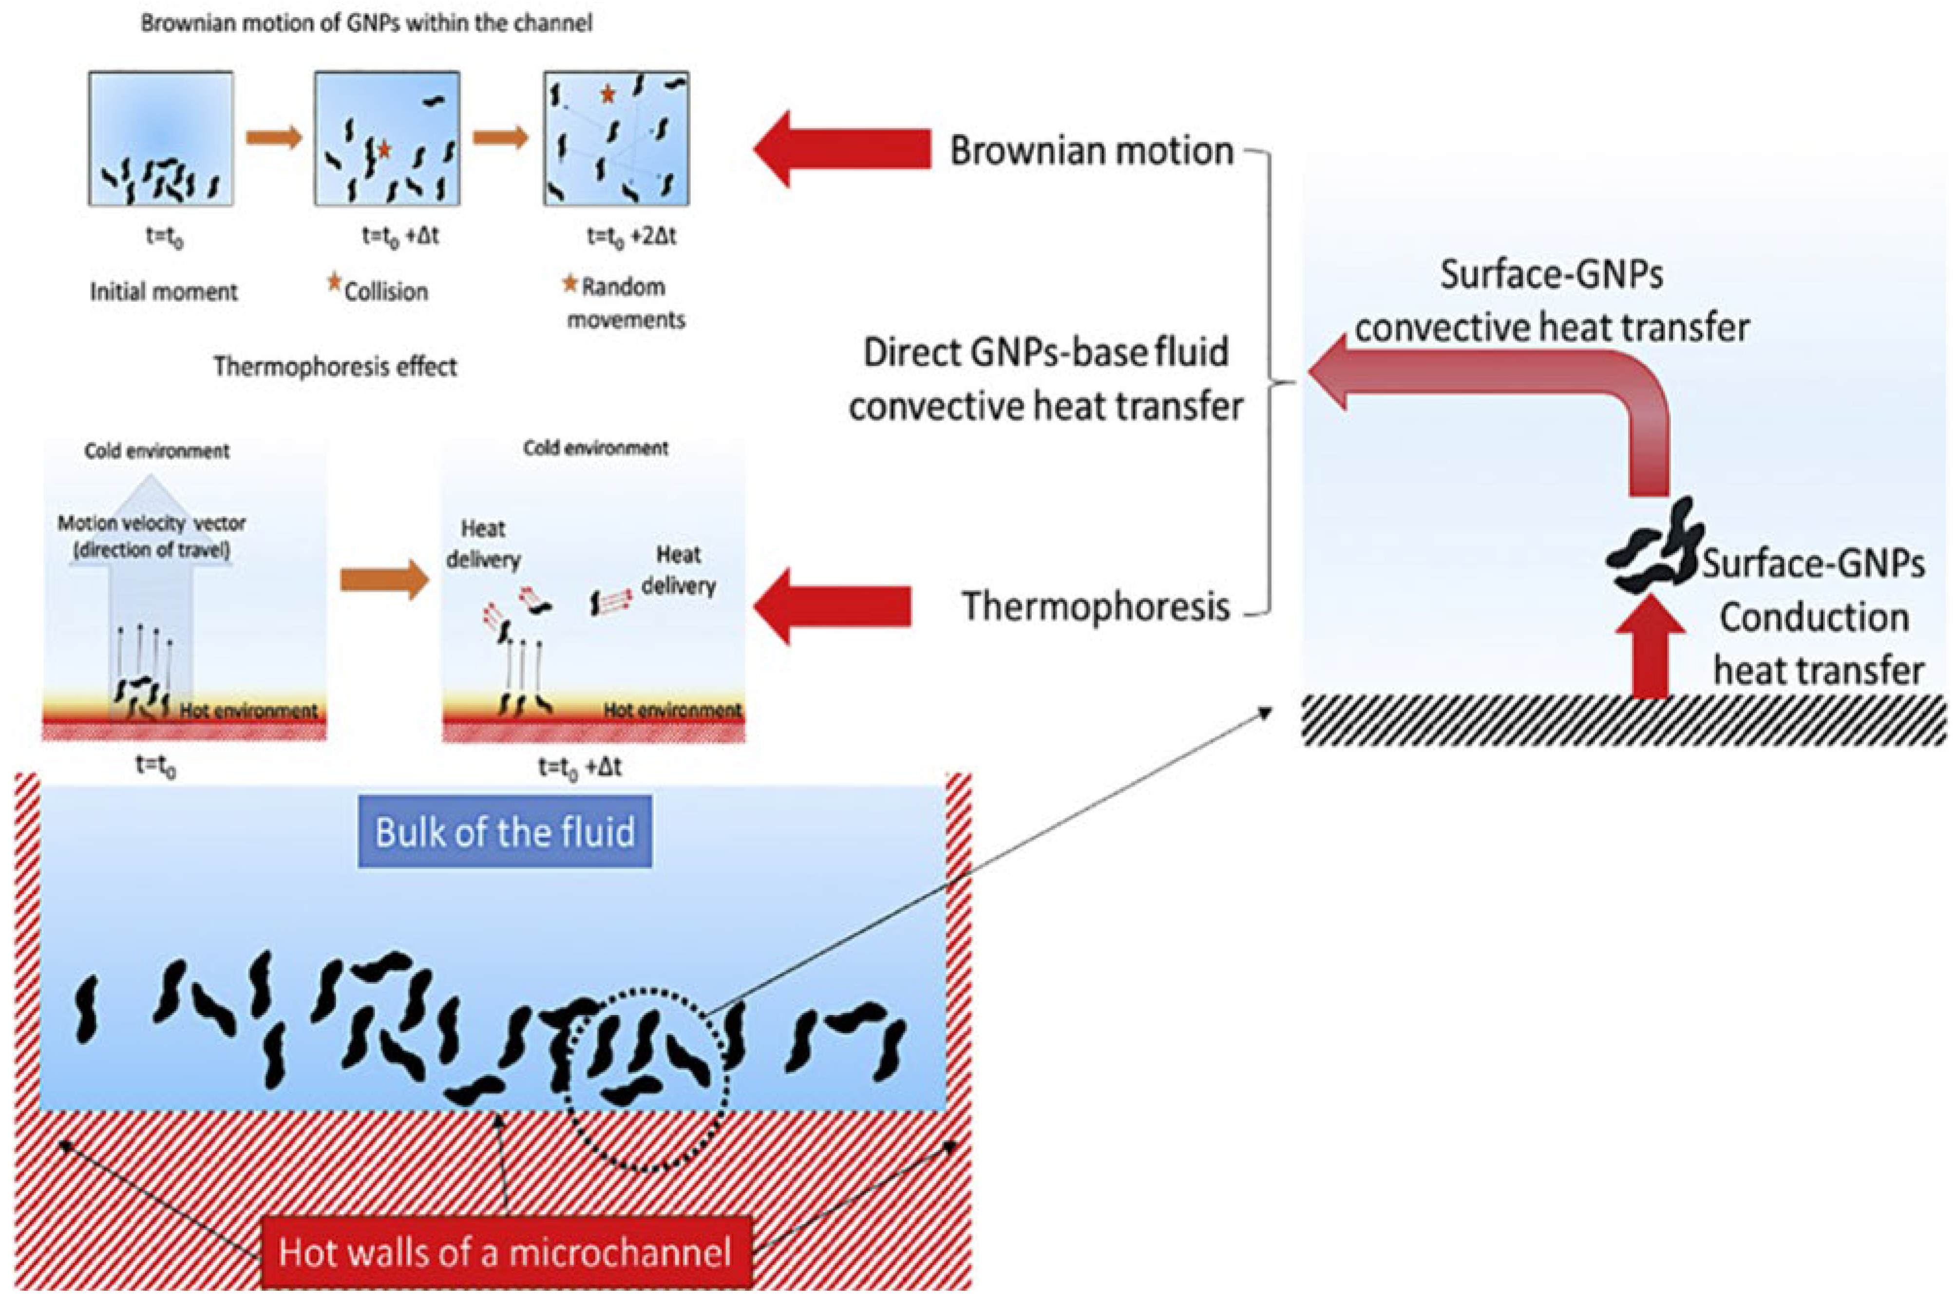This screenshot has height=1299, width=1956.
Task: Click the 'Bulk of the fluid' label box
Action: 505,831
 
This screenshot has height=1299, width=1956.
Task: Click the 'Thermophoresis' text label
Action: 1095,606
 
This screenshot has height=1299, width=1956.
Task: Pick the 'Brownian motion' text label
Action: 1091,151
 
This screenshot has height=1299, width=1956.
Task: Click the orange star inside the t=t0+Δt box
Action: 383,150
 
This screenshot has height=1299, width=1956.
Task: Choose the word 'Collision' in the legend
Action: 386,292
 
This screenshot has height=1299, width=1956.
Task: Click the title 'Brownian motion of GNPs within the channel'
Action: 366,23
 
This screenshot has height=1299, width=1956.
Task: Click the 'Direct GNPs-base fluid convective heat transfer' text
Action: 1045,379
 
